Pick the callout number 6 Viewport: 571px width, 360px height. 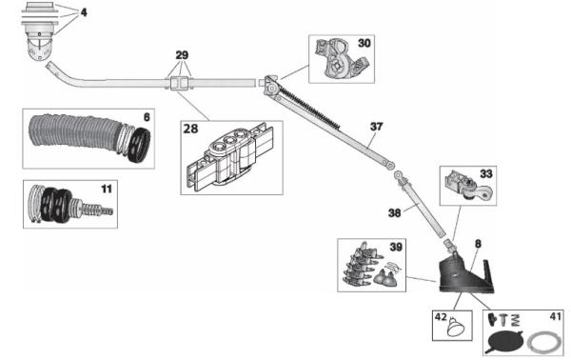pyautogui.click(x=146, y=117)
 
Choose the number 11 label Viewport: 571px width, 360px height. pyautogui.click(x=106, y=189)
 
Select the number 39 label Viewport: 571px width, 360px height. pyautogui.click(x=395, y=246)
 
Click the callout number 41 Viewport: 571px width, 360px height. pyautogui.click(x=555, y=314)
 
